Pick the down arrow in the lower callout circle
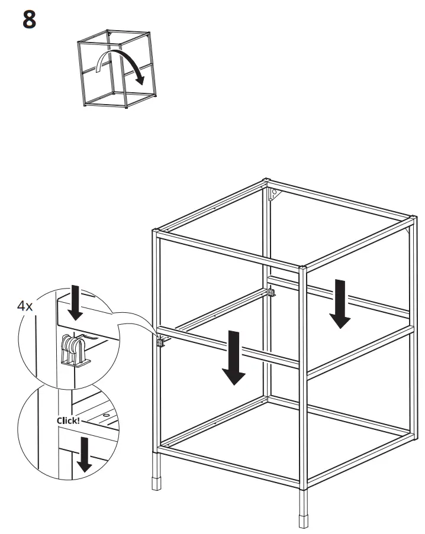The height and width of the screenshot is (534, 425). [x=85, y=454]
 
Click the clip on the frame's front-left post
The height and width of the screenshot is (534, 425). [x=161, y=341]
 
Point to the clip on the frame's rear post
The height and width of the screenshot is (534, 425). [x=272, y=292]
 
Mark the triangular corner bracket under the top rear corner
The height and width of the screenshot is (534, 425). [x=273, y=195]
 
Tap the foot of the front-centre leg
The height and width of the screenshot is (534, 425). [x=304, y=522]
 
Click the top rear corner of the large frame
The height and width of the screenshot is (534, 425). [x=266, y=181]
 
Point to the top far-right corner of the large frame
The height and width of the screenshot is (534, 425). [x=410, y=221]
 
